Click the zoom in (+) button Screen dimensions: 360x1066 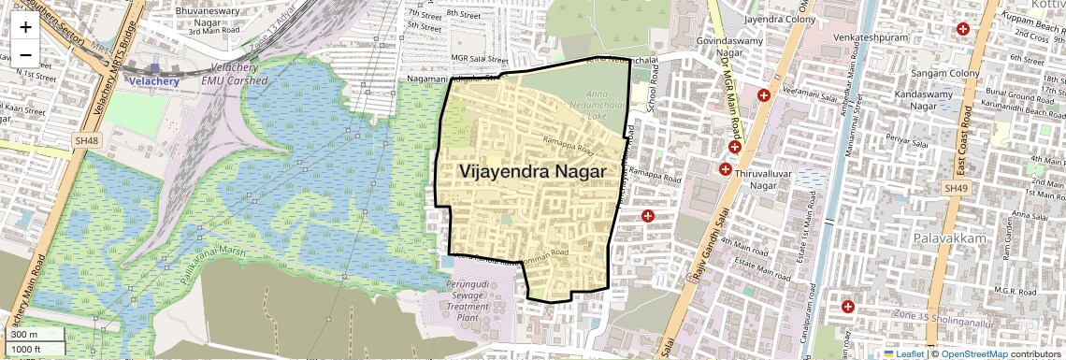pyautogui.click(x=25, y=27)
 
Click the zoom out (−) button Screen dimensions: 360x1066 pyautogui.click(x=25, y=54)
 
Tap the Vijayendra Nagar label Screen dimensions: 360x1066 pyautogui.click(x=532, y=172)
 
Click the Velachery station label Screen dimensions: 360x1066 pyautogui.click(x=147, y=81)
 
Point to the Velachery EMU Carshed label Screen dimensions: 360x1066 pyautogui.click(x=235, y=75)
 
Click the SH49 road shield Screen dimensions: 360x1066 pyautogui.click(x=955, y=188)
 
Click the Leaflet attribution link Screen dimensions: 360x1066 pyautogui.click(x=909, y=353)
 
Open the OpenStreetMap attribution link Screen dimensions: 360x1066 pyautogui.click(x=974, y=353)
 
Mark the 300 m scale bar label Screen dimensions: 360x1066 pyautogui.click(x=24, y=334)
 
